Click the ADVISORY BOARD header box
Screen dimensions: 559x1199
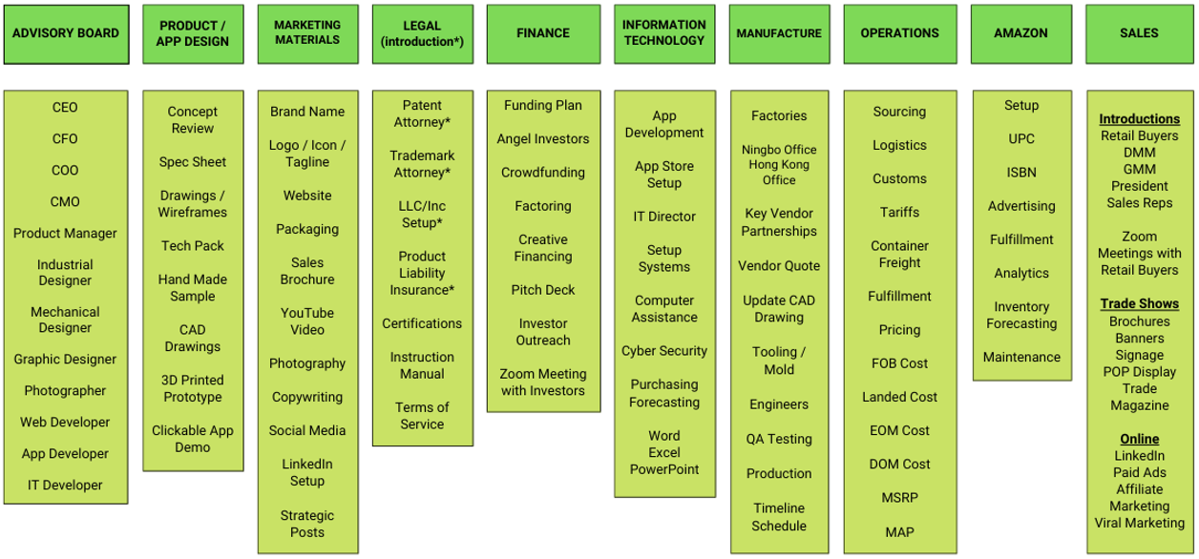coord(66,33)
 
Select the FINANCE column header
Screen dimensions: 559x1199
coord(543,33)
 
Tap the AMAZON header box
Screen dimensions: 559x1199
coord(1020,33)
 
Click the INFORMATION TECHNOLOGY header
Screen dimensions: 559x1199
coord(663,33)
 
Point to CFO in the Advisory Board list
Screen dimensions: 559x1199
coord(65,139)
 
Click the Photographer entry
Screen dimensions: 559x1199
coord(65,391)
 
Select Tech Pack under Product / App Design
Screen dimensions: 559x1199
coord(193,246)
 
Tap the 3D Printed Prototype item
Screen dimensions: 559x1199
coord(192,389)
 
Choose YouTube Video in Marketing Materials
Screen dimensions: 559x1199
coord(307,321)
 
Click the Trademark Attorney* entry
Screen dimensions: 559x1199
coord(422,164)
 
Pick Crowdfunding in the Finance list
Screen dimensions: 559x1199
coord(543,173)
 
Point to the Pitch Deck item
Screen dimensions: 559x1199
coord(543,290)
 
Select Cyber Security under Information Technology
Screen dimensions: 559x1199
coord(664,351)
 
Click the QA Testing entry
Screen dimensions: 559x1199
coord(779,440)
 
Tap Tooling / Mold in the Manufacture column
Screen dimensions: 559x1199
coord(779,361)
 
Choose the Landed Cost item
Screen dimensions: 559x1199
coord(899,397)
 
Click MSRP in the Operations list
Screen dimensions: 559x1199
coord(899,498)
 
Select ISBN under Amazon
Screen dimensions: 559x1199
coord(1021,173)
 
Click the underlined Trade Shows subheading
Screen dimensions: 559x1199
coord(1139,304)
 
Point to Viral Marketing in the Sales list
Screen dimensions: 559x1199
coord(1139,523)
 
